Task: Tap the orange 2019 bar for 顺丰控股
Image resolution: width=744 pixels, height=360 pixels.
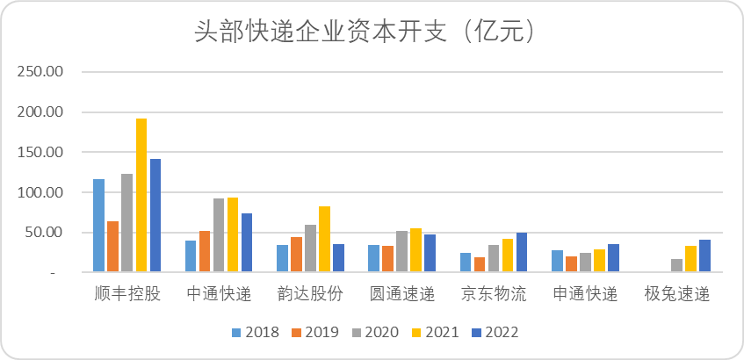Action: (x=113, y=247)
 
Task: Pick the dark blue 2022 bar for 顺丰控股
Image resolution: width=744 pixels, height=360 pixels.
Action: (x=155, y=215)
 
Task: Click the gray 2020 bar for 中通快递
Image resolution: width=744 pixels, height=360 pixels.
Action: (x=219, y=235)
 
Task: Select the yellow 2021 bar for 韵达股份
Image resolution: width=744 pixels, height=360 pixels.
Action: (x=324, y=239)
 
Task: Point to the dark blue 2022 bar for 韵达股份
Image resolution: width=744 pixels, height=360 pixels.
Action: (x=338, y=258)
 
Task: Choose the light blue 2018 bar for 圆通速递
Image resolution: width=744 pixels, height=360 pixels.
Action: (x=373, y=258)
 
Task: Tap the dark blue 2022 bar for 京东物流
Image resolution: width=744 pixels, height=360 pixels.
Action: (x=521, y=252)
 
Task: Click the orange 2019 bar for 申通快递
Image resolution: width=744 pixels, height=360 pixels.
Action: (x=570, y=264)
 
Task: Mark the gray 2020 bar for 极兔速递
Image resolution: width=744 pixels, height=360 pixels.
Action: (x=675, y=265)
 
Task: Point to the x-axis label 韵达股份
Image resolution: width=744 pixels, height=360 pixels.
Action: (x=310, y=294)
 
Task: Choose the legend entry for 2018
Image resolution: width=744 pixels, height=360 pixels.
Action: (x=256, y=333)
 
